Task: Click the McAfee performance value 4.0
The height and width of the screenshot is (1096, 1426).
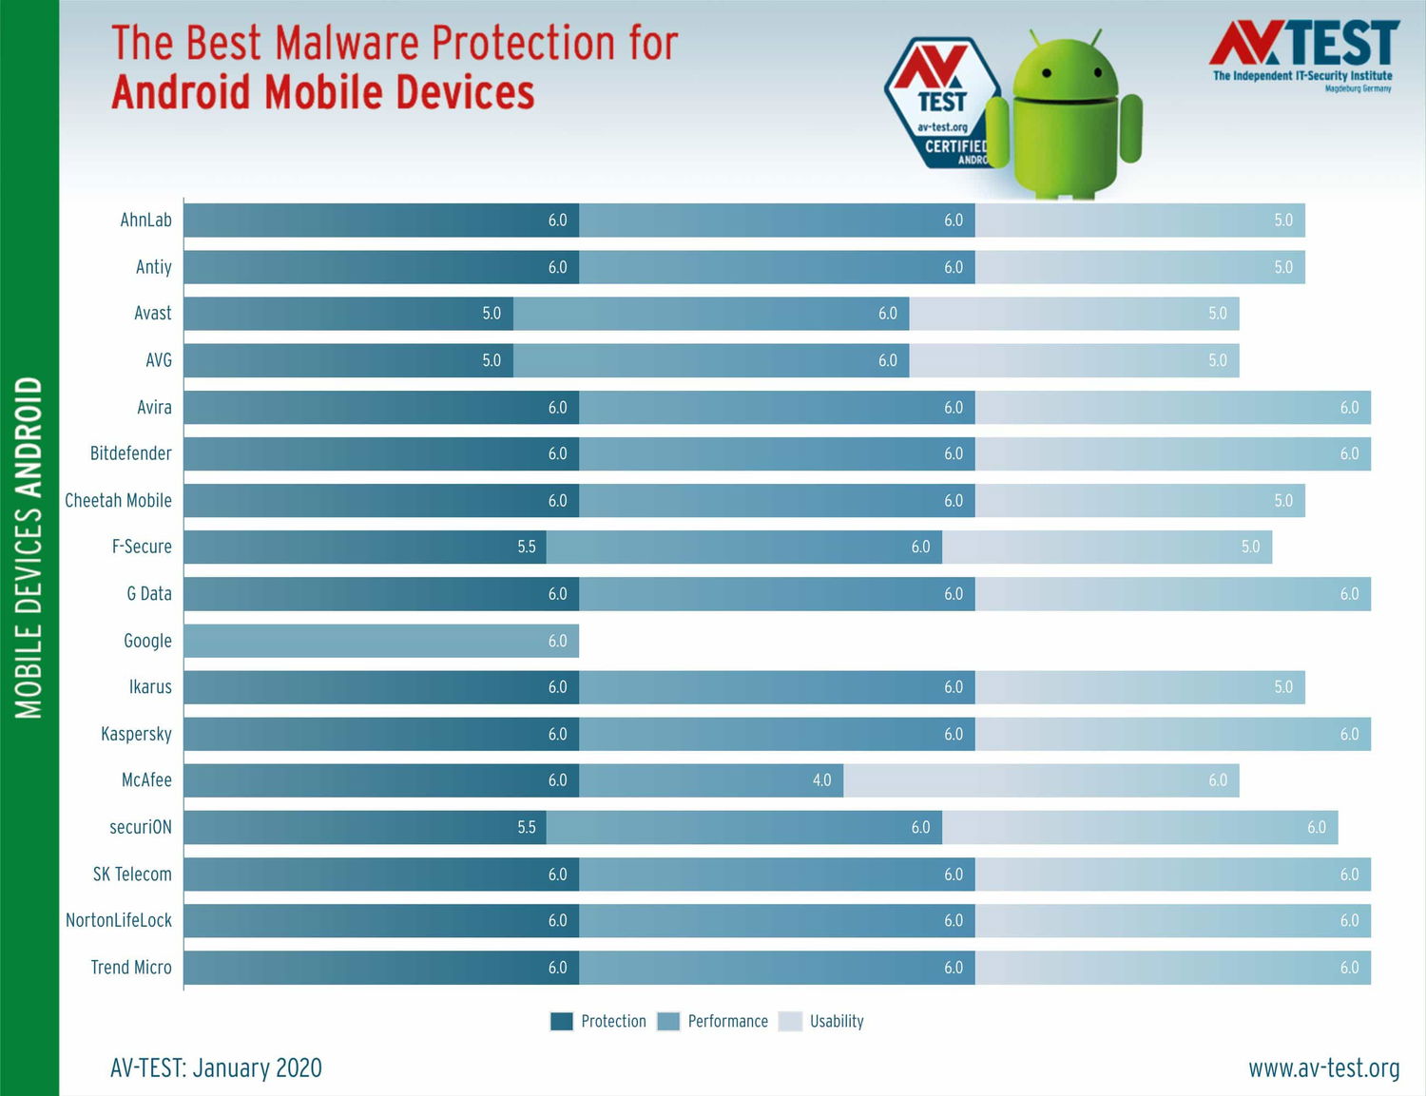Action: (x=821, y=780)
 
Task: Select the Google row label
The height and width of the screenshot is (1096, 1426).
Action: (x=147, y=641)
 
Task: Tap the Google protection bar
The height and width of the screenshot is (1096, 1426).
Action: (x=380, y=641)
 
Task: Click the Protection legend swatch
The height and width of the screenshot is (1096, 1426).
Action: (x=561, y=1021)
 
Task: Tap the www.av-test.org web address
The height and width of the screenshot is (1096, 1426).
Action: (x=1323, y=1067)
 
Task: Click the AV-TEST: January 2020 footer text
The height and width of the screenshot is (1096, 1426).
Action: (x=216, y=1067)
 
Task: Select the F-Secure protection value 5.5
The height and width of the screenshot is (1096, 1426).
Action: (x=527, y=547)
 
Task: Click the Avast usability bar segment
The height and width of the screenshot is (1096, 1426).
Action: (x=1073, y=314)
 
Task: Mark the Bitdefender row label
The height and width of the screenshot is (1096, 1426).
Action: (x=131, y=453)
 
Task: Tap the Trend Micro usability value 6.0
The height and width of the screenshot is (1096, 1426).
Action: (x=1349, y=968)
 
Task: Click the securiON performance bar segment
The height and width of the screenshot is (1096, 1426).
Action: (x=743, y=827)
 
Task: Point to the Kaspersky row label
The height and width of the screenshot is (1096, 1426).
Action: (x=136, y=734)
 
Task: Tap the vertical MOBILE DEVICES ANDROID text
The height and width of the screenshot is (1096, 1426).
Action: (x=29, y=547)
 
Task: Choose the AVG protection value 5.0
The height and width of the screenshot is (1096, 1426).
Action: (x=491, y=360)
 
